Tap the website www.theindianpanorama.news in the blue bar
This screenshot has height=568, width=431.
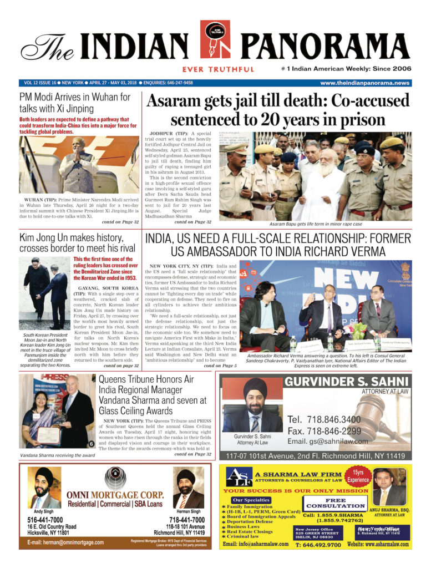(364, 83)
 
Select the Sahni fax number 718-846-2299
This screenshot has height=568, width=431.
(324, 430)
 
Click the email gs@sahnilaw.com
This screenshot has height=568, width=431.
(327, 442)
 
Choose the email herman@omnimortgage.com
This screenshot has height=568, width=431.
(65, 542)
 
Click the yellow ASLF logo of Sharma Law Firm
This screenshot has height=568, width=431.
(239, 478)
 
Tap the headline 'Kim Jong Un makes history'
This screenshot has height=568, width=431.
(77, 243)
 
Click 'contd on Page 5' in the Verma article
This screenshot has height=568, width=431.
(220, 366)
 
